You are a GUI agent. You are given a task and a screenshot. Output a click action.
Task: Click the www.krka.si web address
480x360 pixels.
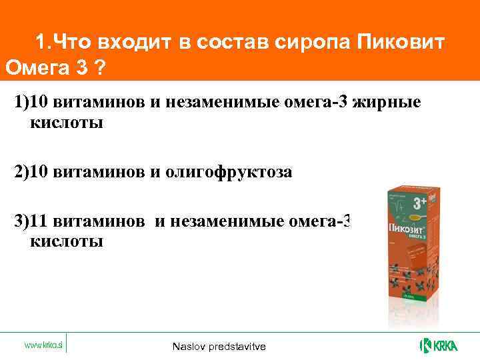(x=43, y=345)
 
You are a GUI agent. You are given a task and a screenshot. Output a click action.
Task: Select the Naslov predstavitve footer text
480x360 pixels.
(x=219, y=347)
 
